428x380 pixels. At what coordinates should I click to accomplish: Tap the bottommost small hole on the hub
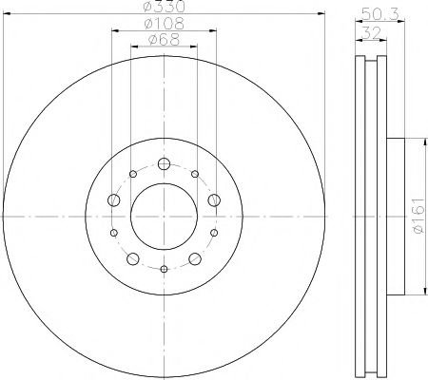[164, 270]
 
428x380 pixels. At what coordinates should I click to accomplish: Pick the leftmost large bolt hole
[113, 200]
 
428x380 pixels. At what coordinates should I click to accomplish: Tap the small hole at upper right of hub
[195, 174]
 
